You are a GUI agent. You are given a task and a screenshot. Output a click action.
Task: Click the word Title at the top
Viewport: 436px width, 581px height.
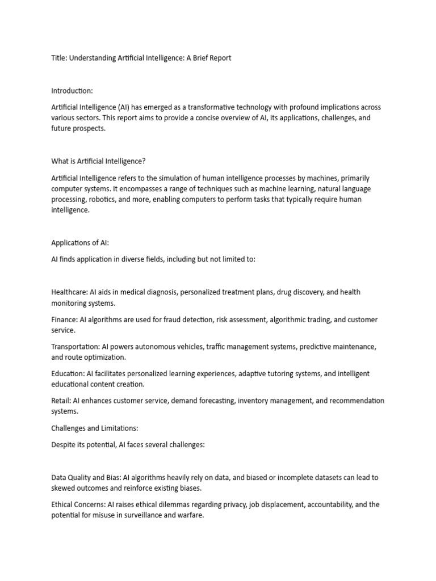click(x=59, y=58)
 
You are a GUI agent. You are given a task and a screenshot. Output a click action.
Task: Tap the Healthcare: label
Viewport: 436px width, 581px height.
click(x=69, y=292)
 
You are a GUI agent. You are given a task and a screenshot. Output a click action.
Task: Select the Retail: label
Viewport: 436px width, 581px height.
click(x=60, y=401)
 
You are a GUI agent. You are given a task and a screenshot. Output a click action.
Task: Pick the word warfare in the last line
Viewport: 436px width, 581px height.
click(x=189, y=515)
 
